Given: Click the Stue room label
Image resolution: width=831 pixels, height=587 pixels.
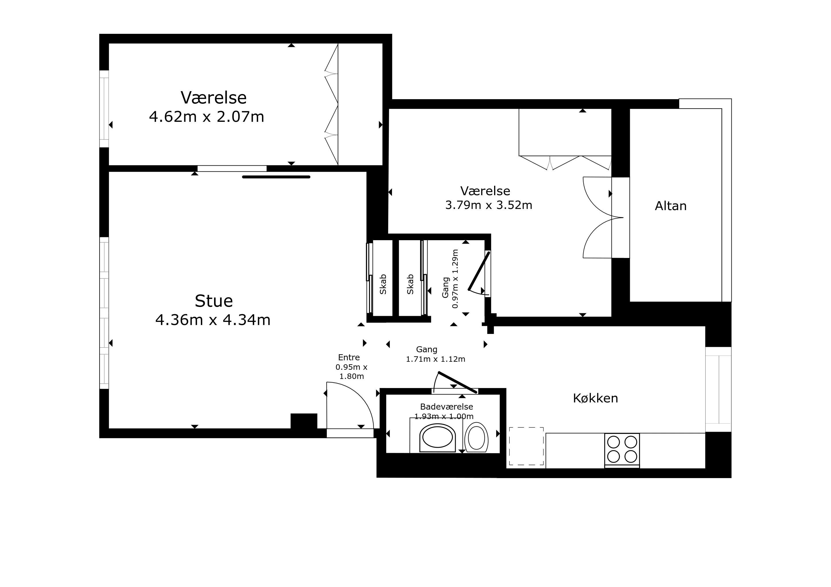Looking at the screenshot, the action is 213,301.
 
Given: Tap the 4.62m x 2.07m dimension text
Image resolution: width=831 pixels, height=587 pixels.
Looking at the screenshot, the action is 207,117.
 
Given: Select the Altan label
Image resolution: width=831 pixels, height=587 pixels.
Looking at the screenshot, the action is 671,206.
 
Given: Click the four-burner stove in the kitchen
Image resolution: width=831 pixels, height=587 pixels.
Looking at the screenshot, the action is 622,450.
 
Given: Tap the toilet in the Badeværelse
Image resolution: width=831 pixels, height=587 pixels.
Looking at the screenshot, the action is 476,437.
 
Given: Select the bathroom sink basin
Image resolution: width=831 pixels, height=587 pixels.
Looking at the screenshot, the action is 438,438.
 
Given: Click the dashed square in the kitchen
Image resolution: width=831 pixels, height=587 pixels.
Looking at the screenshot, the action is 526,446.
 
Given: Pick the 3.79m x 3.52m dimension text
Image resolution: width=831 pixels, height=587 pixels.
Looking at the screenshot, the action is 489,205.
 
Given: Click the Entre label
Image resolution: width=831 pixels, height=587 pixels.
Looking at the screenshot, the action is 349,357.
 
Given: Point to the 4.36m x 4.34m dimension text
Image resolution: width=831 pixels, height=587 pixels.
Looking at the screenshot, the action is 213,320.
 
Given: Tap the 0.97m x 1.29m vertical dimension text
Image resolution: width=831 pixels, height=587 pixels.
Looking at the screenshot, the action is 455,279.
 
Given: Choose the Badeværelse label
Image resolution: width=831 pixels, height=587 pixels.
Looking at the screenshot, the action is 446,407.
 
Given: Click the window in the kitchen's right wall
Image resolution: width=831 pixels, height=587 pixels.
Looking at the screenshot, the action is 719,389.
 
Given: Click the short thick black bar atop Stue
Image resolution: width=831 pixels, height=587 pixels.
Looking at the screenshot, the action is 276,177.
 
